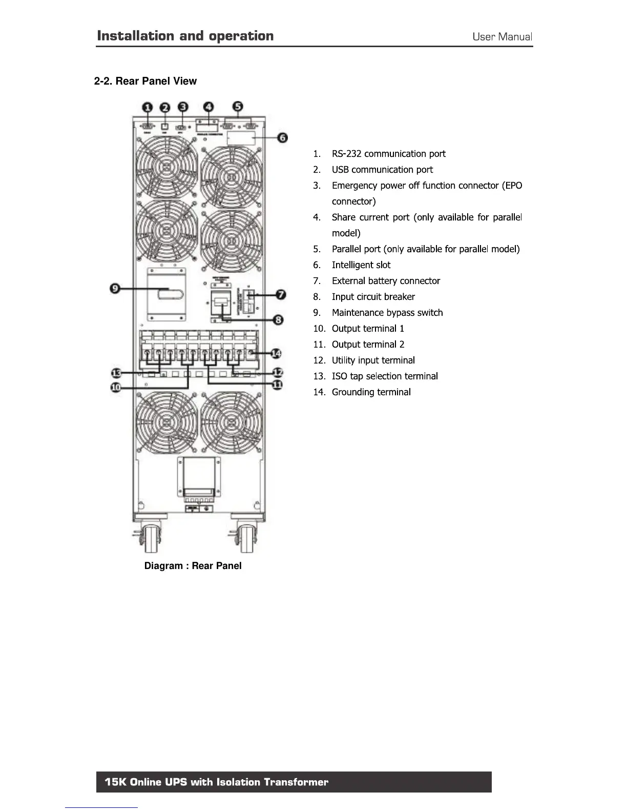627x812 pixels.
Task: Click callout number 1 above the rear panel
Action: (148, 107)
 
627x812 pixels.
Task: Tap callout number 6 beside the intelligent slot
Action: (282, 137)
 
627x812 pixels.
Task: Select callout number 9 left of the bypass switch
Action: (116, 289)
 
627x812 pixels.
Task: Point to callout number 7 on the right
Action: (281, 294)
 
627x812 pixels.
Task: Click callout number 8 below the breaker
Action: (278, 320)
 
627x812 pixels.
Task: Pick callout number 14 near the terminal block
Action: (276, 353)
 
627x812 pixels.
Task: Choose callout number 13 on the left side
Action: (116, 372)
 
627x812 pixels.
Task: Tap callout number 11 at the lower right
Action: (277, 384)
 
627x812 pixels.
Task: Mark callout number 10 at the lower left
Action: (116, 387)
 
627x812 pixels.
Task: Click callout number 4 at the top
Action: (208, 107)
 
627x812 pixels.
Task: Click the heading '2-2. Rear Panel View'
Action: (145, 81)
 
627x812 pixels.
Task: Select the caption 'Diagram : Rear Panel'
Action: (193, 565)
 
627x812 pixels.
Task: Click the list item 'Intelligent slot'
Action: (361, 265)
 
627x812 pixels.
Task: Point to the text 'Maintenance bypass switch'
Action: (387, 313)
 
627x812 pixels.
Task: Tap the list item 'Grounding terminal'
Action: (371, 392)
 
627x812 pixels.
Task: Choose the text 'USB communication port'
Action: (382, 170)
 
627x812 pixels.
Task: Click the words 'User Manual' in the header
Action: (502, 36)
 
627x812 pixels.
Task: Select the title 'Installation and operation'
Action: (185, 36)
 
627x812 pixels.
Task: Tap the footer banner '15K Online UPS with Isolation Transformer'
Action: (294, 782)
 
